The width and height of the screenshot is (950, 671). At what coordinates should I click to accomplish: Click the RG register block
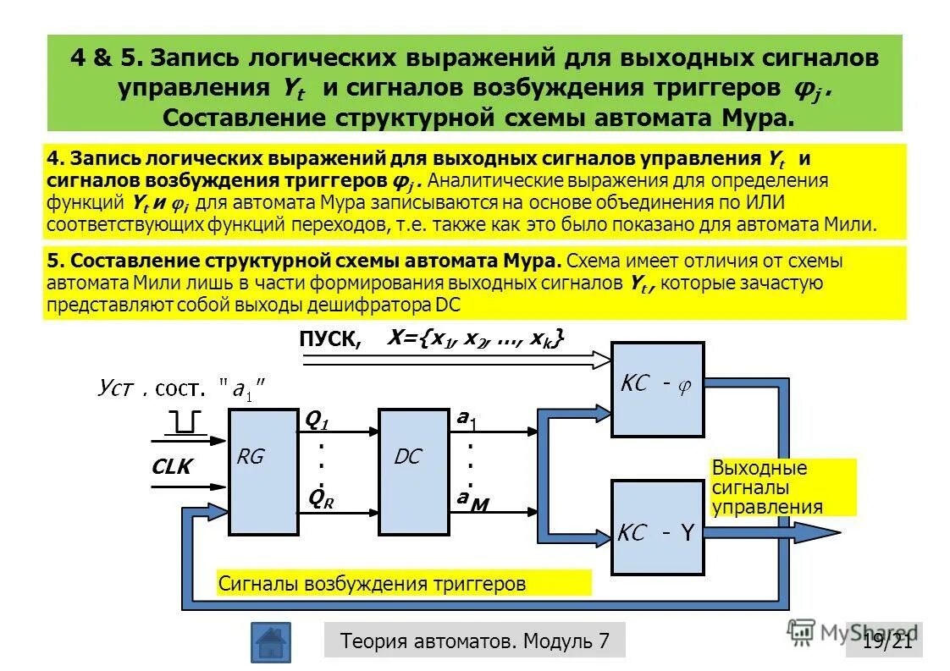pyautogui.click(x=262, y=471)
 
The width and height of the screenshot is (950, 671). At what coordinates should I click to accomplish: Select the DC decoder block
pyautogui.click(x=413, y=471)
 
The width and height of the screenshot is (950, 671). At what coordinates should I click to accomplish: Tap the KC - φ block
pyautogui.click(x=657, y=388)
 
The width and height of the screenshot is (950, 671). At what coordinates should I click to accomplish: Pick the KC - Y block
pyautogui.click(x=657, y=527)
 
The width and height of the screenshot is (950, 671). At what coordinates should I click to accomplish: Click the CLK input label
pyautogui.click(x=172, y=467)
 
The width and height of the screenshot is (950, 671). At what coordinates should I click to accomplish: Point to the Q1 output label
pyautogui.click(x=316, y=420)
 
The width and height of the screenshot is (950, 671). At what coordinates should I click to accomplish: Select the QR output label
pyautogui.click(x=321, y=499)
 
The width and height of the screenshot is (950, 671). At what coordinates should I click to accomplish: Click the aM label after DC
pyautogui.click(x=472, y=501)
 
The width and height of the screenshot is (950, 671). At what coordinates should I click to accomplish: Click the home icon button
pyautogui.click(x=270, y=642)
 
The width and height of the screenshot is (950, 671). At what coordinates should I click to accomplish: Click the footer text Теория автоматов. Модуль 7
pyautogui.click(x=474, y=641)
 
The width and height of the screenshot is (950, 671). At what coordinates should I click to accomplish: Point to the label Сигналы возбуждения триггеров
pyautogui.click(x=373, y=583)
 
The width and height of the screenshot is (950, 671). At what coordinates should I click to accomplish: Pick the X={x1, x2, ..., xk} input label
pyautogui.click(x=474, y=338)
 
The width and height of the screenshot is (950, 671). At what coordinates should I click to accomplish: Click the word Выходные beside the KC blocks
pyautogui.click(x=759, y=468)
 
